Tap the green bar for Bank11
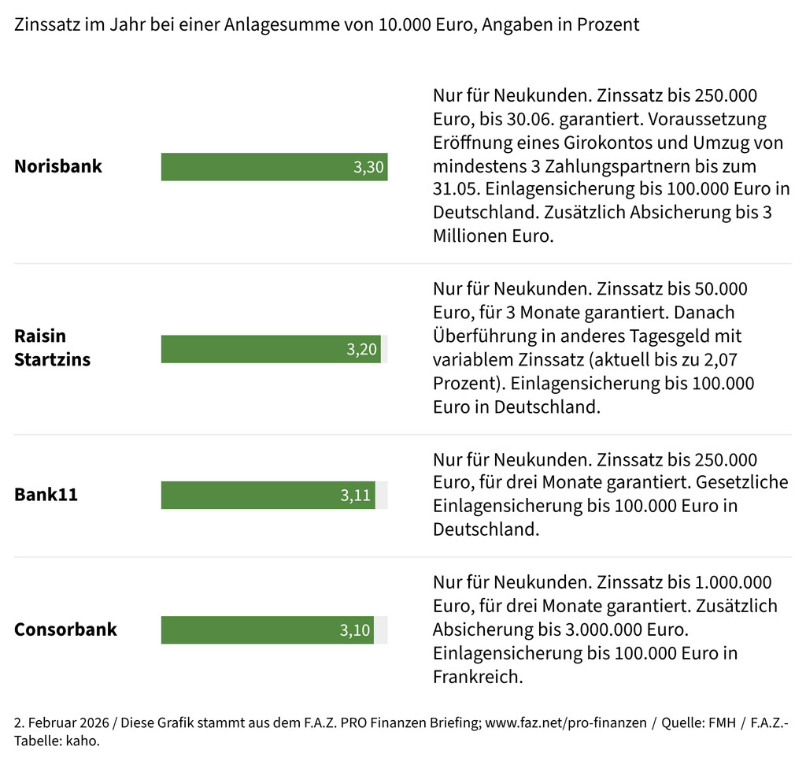[x=252, y=496]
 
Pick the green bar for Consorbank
[x=252, y=630]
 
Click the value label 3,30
[x=368, y=167]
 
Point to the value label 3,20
[x=362, y=349]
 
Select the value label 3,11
[x=356, y=496]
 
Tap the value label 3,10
[x=355, y=630]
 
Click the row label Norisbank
[x=58, y=167]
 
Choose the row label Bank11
[x=46, y=496]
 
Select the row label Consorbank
[x=65, y=629]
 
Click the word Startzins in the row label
[x=52, y=360]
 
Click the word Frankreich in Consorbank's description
[x=478, y=677]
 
